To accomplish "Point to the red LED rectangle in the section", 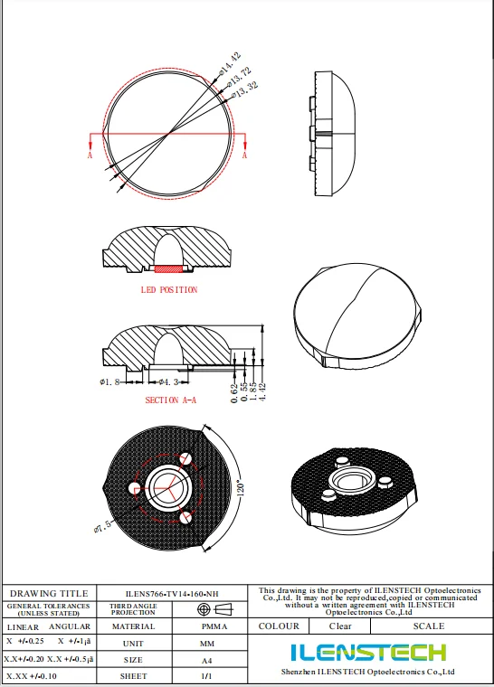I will tap(168, 268).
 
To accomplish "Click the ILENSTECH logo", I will tap(367, 652).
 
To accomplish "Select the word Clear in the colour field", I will tap(340, 626).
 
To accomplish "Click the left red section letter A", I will tap(90, 155).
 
